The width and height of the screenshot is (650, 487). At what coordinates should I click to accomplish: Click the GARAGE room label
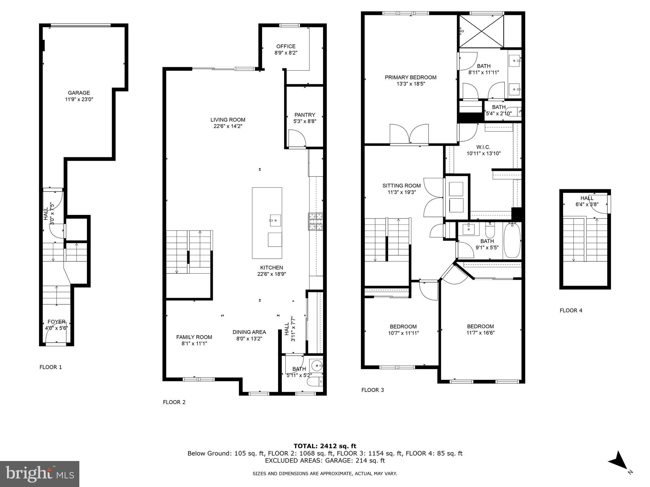pos(79,93)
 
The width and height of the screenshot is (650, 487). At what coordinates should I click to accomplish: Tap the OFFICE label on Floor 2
pos(286,46)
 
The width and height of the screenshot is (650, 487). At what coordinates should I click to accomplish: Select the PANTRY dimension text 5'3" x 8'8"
pos(305,121)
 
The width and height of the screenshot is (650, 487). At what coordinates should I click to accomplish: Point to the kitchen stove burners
pos(315,221)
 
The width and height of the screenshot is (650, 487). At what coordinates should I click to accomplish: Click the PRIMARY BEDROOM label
pos(410,77)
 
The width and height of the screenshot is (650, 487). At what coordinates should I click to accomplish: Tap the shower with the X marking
pos(482,31)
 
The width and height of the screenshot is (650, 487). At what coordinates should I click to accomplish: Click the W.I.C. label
pos(483,147)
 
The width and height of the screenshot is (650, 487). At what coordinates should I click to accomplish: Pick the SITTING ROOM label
pos(401,186)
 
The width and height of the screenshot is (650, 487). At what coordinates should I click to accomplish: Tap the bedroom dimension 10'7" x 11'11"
pos(403,333)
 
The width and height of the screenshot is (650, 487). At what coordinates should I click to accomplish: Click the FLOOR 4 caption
pos(571,310)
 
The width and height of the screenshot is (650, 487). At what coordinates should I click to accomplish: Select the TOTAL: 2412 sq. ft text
pos(325,446)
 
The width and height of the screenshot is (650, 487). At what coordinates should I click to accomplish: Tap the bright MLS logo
pos(40,474)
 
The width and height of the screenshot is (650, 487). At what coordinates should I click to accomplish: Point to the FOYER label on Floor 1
pos(56,322)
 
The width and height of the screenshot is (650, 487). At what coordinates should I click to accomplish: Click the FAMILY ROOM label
pos(194,337)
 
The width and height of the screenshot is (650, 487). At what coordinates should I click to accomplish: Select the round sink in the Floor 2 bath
pos(316,366)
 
